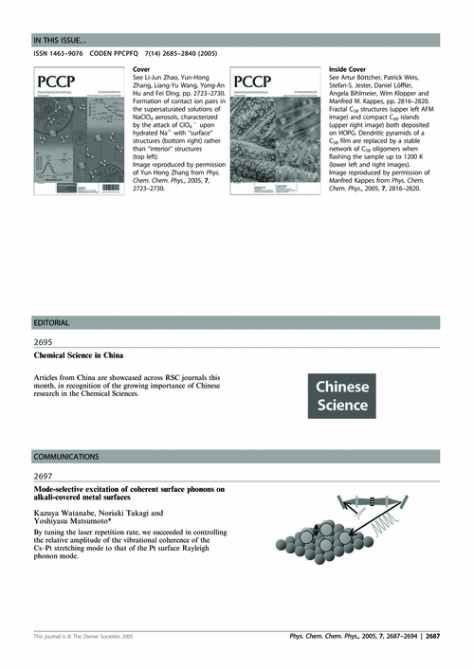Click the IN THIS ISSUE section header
pos(61,40)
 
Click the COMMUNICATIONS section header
pos(65,456)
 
